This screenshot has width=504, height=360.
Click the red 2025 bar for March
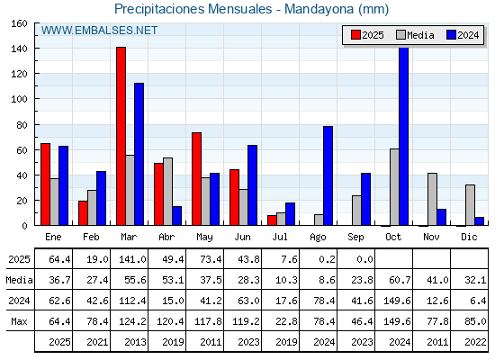tap(121, 136)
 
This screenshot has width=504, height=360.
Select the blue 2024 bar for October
tap(404, 136)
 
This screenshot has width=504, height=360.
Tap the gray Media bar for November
tap(432, 199)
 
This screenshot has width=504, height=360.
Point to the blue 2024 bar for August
tap(328, 175)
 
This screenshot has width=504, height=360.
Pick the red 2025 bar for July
tap(272, 220)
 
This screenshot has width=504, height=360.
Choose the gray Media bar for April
tap(167, 192)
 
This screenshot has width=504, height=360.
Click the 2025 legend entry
tap(367, 35)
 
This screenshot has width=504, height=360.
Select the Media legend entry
tap(415, 35)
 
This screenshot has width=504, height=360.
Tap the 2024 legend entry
tap(463, 35)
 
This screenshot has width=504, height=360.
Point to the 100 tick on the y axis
tap(19, 99)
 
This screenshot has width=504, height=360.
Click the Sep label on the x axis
tap(355, 238)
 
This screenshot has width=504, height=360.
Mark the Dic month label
tap(469, 237)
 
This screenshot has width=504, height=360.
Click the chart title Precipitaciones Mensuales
tap(193, 9)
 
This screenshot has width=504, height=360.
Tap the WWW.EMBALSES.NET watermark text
tap(99, 31)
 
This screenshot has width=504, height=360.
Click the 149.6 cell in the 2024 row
tap(397, 301)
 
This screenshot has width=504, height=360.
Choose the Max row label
tap(19, 321)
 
